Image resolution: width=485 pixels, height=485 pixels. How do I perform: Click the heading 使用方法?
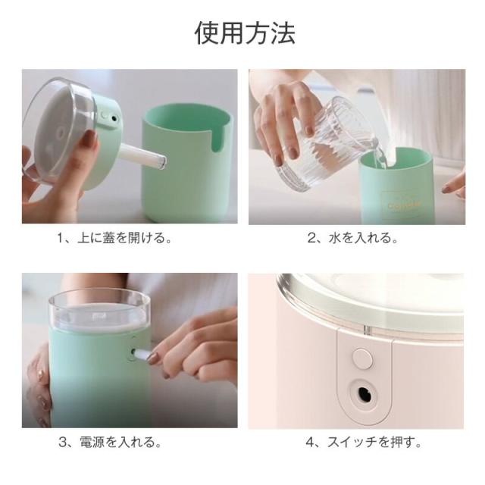click(x=245, y=33)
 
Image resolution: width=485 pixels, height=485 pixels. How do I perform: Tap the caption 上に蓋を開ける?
click(x=124, y=238)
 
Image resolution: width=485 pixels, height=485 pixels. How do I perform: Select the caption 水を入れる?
click(x=363, y=238)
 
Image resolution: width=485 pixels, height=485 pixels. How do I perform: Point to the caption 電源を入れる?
click(x=121, y=442)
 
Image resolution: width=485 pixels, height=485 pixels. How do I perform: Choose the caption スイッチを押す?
click(x=374, y=442)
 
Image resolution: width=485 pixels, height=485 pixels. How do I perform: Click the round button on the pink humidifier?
click(x=362, y=358)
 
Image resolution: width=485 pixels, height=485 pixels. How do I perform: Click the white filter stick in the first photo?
click(x=142, y=156)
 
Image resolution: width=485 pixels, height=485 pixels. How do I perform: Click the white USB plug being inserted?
click(x=142, y=355)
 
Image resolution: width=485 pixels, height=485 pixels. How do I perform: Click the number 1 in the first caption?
click(x=61, y=239)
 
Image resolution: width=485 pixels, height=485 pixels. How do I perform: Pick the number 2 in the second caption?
click(x=311, y=239)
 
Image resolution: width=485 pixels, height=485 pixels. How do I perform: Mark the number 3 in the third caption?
click(x=63, y=442)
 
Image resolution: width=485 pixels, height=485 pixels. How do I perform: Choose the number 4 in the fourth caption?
click(x=310, y=442)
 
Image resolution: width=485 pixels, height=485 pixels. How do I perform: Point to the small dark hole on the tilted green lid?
click(x=114, y=118)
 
